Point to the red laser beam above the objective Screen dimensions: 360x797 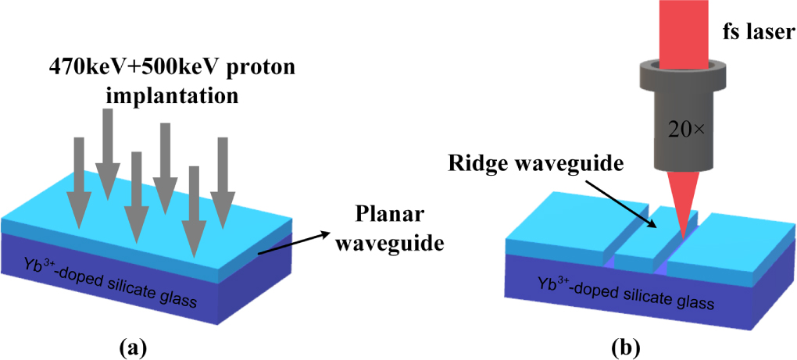tap(681, 27)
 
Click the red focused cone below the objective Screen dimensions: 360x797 tap(683, 203)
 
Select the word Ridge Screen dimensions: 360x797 tap(475, 165)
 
